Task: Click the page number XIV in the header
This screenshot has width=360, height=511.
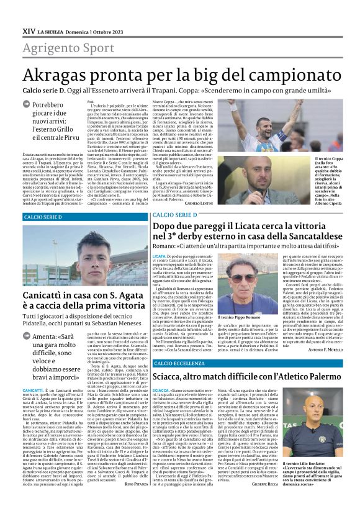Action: point(29,30)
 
